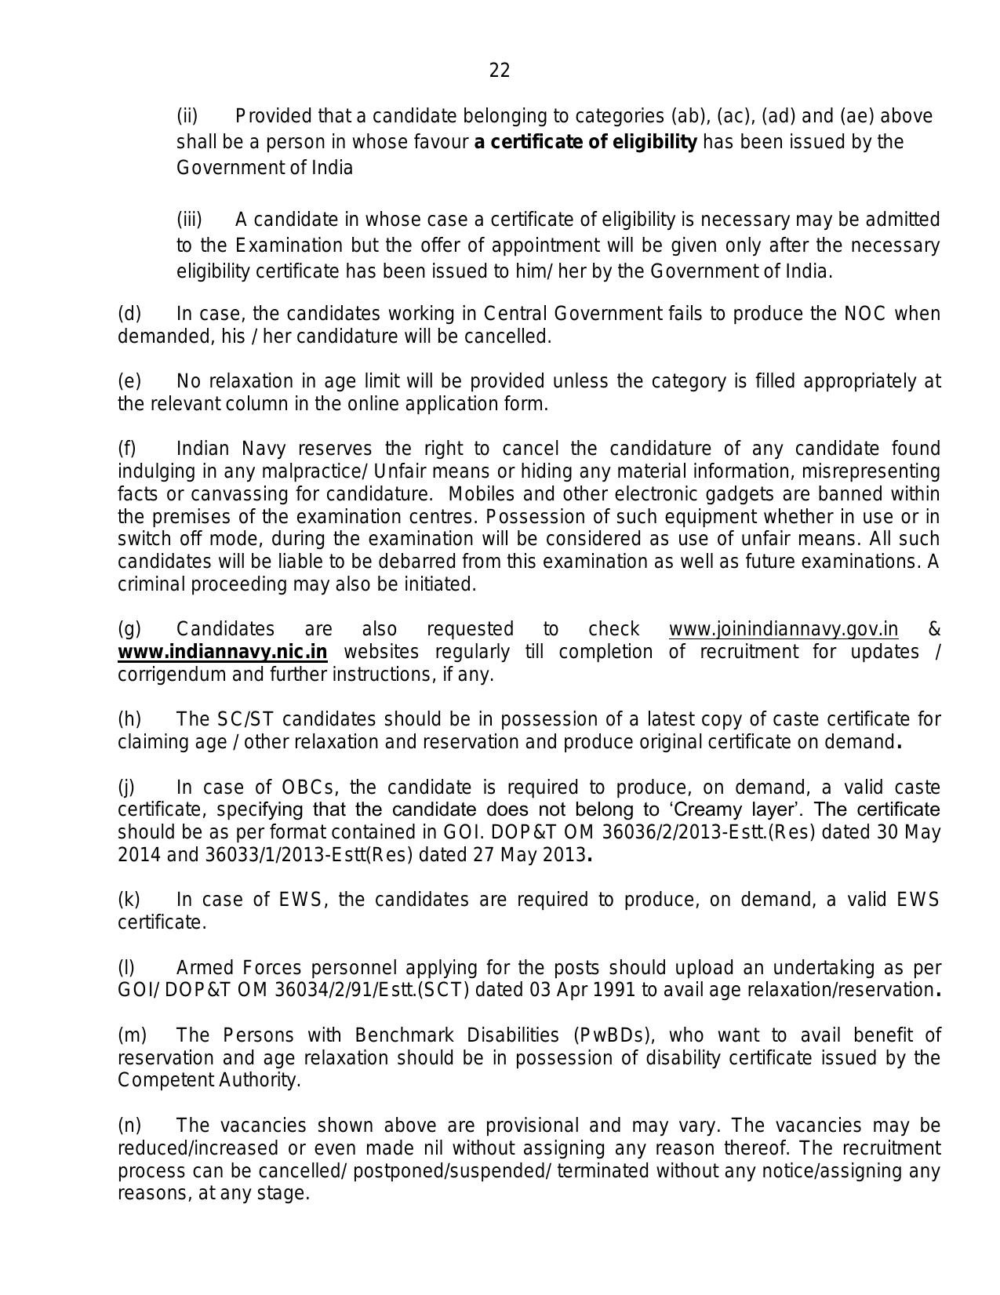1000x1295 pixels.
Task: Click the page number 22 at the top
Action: tap(499, 71)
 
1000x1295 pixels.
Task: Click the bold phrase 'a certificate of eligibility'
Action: tap(585, 142)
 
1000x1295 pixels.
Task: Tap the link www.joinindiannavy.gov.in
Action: tap(783, 629)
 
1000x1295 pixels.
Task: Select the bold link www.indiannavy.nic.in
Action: tap(222, 652)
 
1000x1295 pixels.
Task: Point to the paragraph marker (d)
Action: tap(129, 314)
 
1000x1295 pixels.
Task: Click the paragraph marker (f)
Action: tap(127, 449)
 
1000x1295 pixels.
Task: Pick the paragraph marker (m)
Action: tap(132, 1035)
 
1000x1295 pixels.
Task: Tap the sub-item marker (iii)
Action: tap(189, 220)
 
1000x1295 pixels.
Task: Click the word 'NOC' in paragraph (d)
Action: tap(865, 314)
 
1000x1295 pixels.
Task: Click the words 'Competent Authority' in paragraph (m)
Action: tap(209, 1080)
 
